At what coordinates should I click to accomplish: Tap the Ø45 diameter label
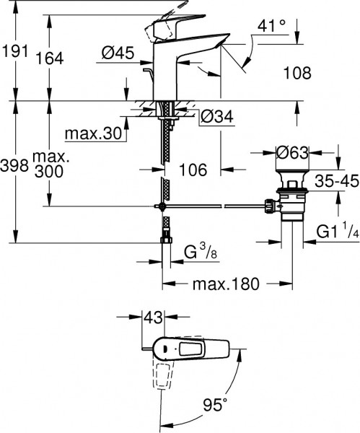pos(118,52)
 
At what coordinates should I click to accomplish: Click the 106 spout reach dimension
pos(193,170)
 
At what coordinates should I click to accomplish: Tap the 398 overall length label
pos(14,166)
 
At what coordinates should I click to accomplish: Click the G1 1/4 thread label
pos(338,232)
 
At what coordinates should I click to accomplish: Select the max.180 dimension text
pos(224,284)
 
